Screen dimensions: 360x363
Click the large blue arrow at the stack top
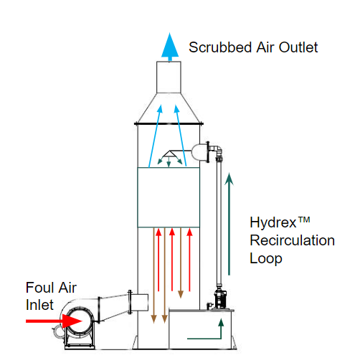click(x=170, y=47)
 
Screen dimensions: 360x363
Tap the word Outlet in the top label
click(x=298, y=47)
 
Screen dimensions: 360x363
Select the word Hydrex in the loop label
click(x=273, y=223)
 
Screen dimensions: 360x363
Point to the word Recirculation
click(x=292, y=240)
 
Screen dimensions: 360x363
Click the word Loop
click(x=266, y=259)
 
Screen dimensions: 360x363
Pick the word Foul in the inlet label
click(x=38, y=287)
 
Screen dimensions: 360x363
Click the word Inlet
click(x=39, y=305)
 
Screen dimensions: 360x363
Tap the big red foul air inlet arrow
click(x=54, y=321)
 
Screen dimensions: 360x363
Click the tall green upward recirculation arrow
click(x=229, y=224)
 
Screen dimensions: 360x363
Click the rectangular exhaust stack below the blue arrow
click(x=169, y=77)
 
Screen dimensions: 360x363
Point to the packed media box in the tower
click(x=169, y=197)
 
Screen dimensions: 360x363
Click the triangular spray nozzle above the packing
click(x=170, y=154)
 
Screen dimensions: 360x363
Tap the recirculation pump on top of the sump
click(x=219, y=299)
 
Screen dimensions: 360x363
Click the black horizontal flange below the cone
click(x=169, y=123)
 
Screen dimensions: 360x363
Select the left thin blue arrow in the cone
click(x=156, y=136)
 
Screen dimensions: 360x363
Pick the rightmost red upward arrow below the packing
click(x=189, y=260)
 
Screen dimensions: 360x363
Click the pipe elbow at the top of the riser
click(x=217, y=150)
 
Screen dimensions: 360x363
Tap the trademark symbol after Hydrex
click(x=304, y=220)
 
